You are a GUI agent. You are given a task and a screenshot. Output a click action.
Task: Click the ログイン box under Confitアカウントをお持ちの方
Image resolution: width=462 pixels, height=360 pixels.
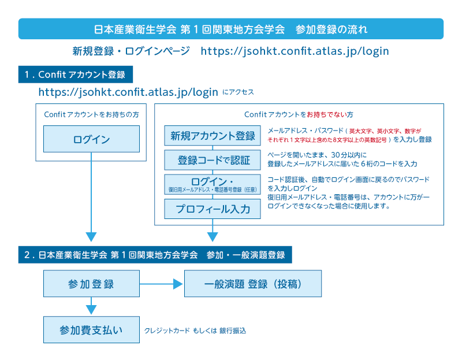(x=91, y=139)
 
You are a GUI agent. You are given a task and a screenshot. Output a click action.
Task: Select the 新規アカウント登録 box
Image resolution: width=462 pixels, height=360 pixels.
(x=213, y=136)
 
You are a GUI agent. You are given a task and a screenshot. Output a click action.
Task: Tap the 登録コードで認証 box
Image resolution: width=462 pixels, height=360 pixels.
(x=213, y=159)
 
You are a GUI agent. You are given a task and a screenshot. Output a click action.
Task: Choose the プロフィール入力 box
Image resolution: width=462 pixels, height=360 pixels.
(x=213, y=209)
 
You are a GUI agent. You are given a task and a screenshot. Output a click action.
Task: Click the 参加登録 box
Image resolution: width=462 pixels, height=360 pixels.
(x=91, y=284)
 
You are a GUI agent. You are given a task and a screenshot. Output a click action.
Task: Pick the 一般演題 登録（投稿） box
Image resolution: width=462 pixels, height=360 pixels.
(x=253, y=284)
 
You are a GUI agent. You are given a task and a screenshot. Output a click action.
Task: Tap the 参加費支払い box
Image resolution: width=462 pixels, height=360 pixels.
(x=91, y=329)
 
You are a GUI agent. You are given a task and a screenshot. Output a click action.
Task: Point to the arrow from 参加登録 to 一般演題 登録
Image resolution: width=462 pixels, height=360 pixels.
(x=162, y=284)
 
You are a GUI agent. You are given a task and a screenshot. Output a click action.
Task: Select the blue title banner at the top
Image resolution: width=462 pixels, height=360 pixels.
(x=231, y=29)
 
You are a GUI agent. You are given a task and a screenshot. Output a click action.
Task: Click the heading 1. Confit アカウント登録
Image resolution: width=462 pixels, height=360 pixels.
(x=76, y=75)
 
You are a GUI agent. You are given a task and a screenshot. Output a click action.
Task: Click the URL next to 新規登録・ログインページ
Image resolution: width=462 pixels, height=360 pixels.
(x=295, y=51)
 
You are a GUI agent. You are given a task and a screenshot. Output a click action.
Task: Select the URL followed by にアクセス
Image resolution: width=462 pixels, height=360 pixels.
(x=128, y=92)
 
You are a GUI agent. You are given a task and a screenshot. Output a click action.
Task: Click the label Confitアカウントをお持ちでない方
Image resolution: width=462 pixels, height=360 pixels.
(x=299, y=114)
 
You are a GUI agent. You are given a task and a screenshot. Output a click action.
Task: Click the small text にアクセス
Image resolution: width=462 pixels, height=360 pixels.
(x=238, y=92)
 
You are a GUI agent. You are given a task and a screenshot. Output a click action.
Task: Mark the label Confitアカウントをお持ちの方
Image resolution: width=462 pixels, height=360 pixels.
(x=91, y=114)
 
